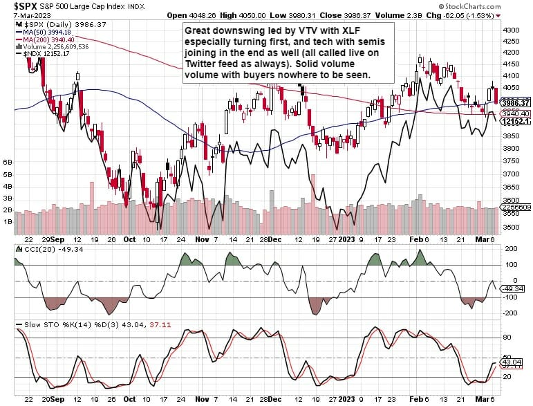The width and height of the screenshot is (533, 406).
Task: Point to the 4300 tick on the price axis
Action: pos(512,31)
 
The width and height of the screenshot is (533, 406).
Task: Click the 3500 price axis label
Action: pos(512,227)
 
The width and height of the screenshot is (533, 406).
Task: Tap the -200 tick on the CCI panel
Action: pos(511,313)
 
